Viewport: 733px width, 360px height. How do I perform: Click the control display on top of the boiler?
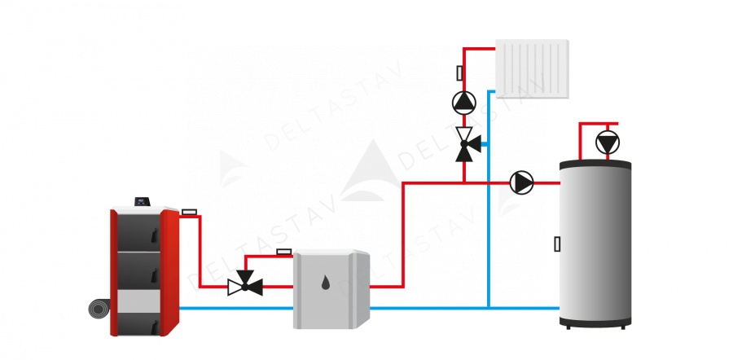pos(144,200)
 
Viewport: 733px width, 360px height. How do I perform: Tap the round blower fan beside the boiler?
pos(99,310)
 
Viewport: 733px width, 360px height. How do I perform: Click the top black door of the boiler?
pos(136,231)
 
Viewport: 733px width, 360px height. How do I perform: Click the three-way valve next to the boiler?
pos(244,286)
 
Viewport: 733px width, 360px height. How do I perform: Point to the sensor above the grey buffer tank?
pos(284,252)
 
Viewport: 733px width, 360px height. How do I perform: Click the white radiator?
pos(532,68)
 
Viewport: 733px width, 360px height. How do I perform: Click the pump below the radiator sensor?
pos(464,102)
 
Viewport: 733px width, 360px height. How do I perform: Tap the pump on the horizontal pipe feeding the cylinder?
pos(521,182)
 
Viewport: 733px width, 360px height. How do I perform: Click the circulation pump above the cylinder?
pos(607,143)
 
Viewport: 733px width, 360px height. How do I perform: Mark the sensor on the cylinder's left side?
pos(557,244)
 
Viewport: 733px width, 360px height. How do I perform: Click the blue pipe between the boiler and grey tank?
pos(236,308)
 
